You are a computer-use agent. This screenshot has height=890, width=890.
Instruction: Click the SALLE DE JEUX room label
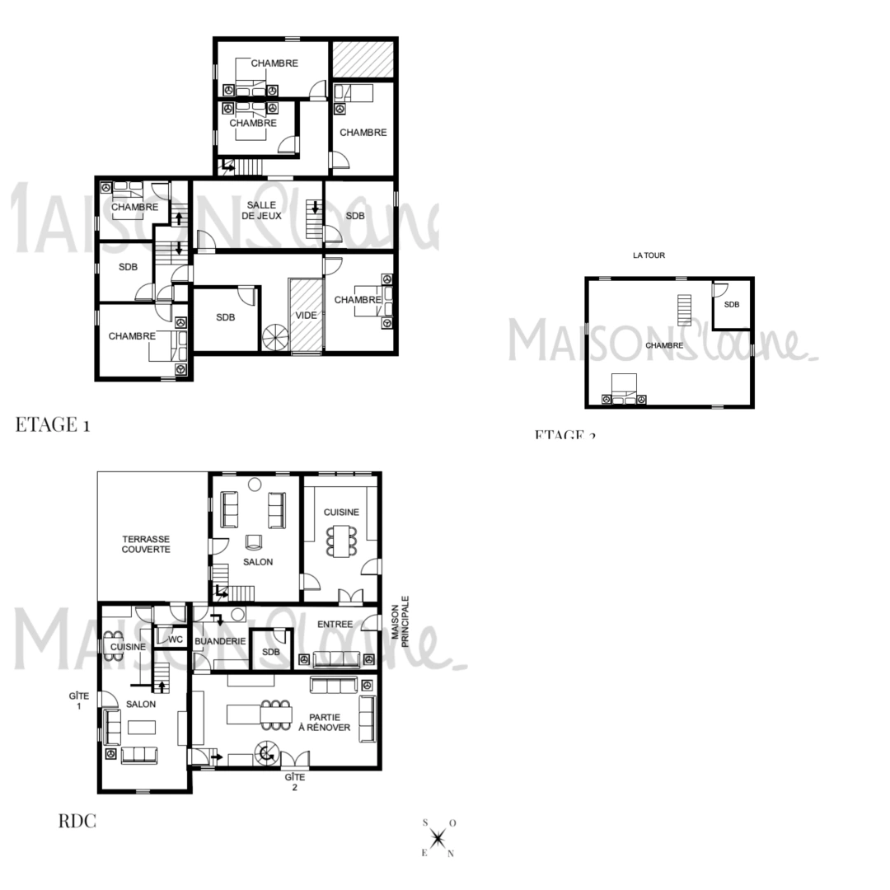[x=261, y=210]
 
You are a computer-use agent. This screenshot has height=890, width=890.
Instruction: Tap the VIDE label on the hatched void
[x=306, y=316]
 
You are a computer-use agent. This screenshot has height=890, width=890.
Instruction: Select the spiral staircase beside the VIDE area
[x=275, y=337]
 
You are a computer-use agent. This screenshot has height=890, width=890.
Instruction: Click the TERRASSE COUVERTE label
[x=146, y=544]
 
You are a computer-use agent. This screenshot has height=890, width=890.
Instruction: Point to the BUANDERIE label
[x=220, y=640]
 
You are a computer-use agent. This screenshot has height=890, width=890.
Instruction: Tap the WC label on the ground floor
[x=176, y=639]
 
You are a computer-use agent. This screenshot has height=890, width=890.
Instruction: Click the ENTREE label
[x=335, y=625]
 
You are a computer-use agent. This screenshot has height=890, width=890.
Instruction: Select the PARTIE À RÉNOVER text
[x=330, y=722]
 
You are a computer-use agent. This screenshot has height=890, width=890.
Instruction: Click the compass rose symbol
[x=438, y=838]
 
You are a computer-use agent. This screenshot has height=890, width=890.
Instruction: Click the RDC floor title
[x=77, y=821]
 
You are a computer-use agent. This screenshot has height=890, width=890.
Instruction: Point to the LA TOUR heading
[x=649, y=255]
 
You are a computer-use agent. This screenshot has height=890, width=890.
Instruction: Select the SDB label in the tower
[x=732, y=305]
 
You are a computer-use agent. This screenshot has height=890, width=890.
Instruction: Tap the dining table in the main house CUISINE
[x=341, y=541]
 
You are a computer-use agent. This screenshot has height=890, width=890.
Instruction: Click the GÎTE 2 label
[x=294, y=782]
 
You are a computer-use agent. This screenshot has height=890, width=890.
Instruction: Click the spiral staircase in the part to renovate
[x=266, y=752]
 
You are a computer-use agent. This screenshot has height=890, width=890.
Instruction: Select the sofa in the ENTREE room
[x=336, y=658]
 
